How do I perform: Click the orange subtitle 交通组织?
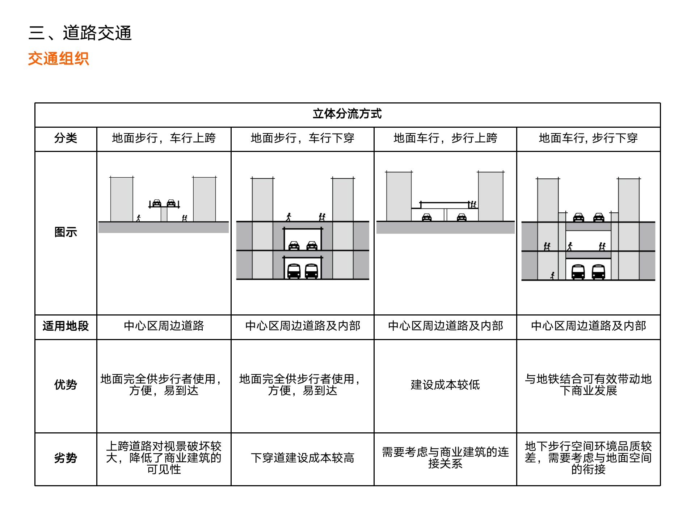pos(58,59)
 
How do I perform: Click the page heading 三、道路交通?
pos(80,33)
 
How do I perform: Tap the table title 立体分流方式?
pos(347,114)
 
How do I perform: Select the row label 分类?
pos(66,138)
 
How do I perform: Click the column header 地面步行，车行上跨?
pos(164,138)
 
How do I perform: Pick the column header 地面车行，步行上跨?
pos(445,138)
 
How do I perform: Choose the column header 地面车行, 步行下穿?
pos(588,138)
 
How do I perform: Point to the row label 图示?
pos(66,232)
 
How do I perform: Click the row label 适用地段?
pos(66,326)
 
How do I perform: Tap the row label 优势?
pos(66,385)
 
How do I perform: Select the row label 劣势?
pos(66,458)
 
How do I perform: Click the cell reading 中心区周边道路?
pos(164,326)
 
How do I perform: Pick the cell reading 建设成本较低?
pos(445,385)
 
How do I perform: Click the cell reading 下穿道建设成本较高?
pos(302,458)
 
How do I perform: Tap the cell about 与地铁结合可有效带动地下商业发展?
pos(588,385)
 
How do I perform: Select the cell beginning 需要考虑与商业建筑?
pos(445,458)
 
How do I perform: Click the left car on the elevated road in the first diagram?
pos(157,203)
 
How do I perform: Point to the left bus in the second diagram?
pos(294,271)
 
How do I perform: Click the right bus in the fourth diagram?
pos(598,272)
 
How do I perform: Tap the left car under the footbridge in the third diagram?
pos(427,217)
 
